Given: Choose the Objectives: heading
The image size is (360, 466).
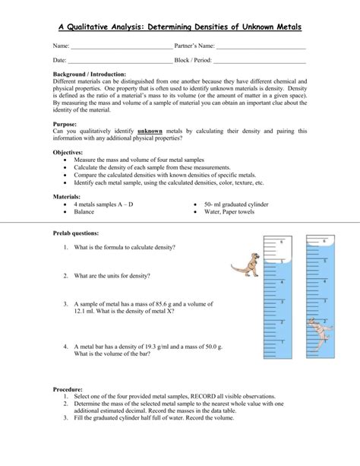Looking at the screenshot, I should (68, 153).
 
